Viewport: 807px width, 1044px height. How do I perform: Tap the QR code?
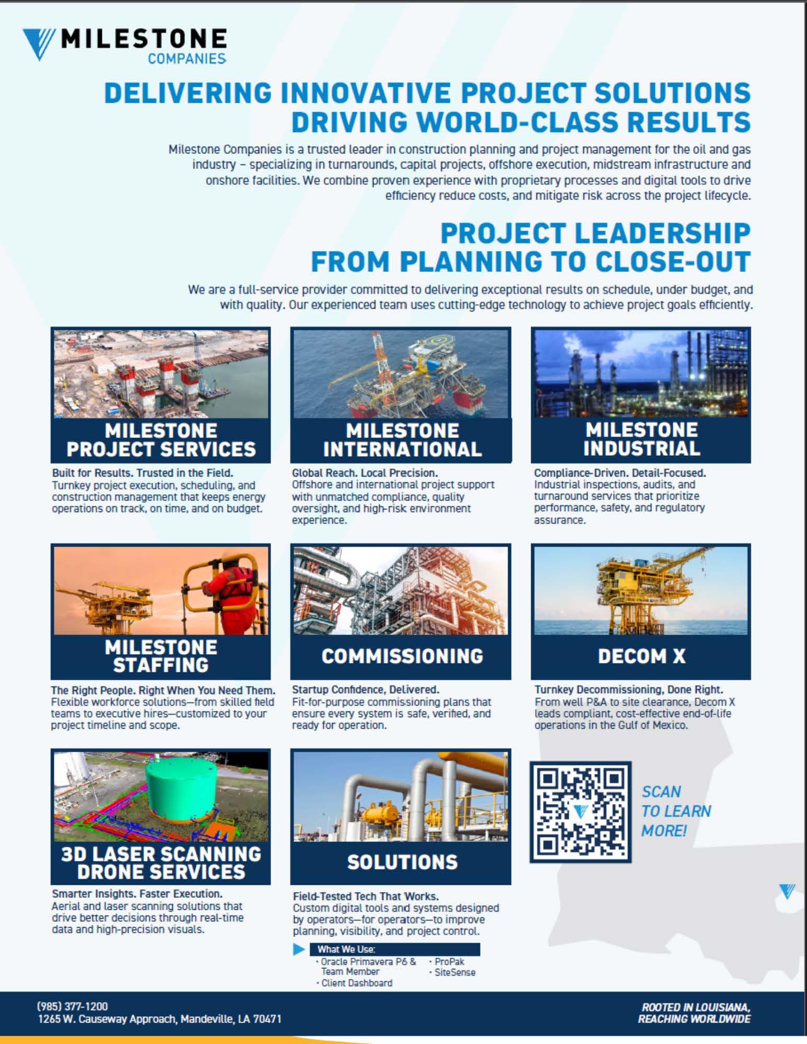tap(580, 811)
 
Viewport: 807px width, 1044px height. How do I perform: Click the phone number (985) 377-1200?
tap(73, 1006)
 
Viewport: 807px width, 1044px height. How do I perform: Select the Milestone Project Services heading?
tap(161, 440)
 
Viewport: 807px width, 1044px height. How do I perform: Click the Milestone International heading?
tap(402, 440)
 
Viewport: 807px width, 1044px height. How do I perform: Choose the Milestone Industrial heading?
tap(641, 439)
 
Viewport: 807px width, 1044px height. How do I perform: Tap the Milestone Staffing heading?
tap(161, 656)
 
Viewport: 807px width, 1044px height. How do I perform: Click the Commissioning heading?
tap(402, 656)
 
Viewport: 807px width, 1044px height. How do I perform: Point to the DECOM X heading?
tap(641, 656)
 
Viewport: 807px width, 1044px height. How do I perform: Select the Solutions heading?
tap(402, 862)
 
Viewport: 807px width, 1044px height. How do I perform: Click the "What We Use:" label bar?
tap(394, 949)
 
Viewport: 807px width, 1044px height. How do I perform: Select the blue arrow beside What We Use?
tap(299, 949)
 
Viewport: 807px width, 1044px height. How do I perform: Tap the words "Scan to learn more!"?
tap(676, 811)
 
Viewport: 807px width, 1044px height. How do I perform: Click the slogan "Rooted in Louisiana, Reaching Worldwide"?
tap(694, 1013)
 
